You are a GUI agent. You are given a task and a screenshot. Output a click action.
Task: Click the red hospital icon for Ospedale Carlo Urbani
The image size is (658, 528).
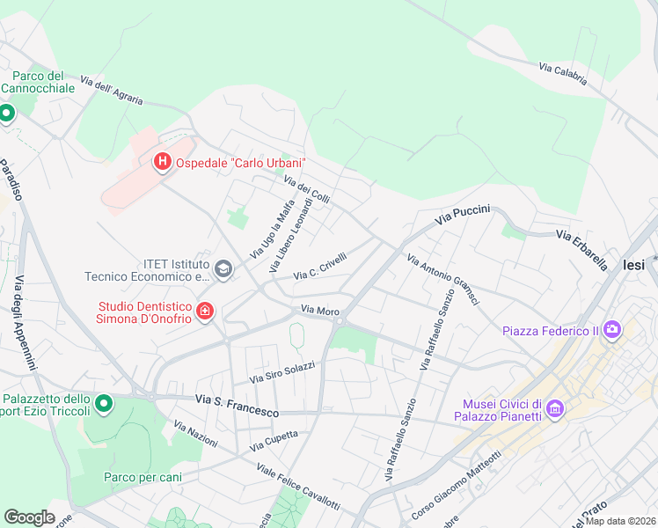162,163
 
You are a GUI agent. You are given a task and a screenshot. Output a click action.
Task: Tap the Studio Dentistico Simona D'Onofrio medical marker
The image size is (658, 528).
205,311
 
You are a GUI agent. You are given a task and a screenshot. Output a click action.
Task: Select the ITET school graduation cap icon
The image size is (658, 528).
223,268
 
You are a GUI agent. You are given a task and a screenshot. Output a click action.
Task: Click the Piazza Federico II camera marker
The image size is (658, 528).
611,330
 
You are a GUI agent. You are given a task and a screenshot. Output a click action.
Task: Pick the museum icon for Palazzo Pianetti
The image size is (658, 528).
555,409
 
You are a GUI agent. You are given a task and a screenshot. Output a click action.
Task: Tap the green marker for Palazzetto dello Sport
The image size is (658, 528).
104,404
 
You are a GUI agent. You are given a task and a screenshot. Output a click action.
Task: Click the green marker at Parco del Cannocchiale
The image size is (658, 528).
6,113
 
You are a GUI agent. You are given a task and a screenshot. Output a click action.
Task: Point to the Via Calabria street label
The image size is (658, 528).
563,73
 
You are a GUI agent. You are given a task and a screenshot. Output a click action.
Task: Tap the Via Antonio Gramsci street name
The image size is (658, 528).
442,280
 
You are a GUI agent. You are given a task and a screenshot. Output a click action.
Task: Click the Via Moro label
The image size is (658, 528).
320,311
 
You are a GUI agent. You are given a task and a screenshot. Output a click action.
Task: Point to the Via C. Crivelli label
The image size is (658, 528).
320,265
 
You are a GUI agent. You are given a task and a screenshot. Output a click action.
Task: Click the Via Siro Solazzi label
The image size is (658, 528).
282,371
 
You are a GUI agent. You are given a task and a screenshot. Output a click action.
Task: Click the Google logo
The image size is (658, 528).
29,517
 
